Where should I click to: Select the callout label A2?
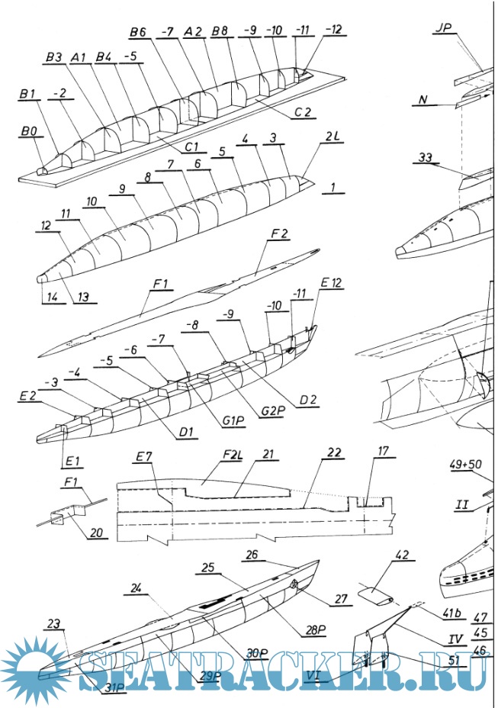pyautogui.click(x=192, y=33)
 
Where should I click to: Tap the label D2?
pyautogui.click(x=308, y=399)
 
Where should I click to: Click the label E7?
pyautogui.click(x=144, y=457)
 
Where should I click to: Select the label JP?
pyautogui.click(x=442, y=29)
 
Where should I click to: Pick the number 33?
pyautogui.click(x=429, y=159)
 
